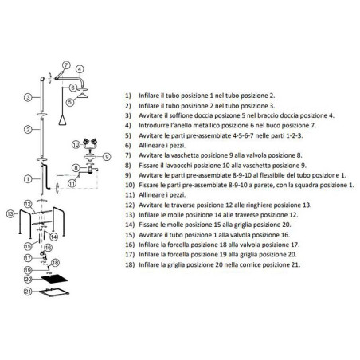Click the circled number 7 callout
tap(66, 65)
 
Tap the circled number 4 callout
tap(80, 69)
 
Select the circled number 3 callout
tap(28, 97)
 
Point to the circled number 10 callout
tap(76, 145)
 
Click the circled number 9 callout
tap(107, 157)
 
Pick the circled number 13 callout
tap(10, 213)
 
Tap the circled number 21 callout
tap(28, 292)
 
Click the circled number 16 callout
tap(48, 248)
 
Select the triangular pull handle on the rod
tap(62, 120)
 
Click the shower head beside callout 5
tap(82, 95)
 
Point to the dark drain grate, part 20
tap(54, 279)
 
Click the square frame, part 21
tap(54, 292)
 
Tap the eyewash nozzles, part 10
tap(90, 143)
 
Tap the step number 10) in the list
tap(130, 185)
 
